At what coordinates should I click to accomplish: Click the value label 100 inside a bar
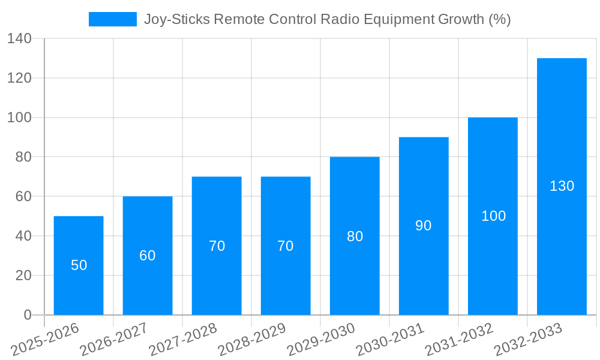[x=493, y=216]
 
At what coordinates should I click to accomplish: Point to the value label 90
[x=424, y=226]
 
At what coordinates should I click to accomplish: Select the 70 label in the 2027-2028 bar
[x=217, y=246]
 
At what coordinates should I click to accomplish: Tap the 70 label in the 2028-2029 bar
[x=286, y=246]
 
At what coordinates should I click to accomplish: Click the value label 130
[x=562, y=186]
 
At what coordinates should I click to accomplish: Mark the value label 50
[x=79, y=265]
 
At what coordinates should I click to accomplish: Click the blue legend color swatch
[x=113, y=19]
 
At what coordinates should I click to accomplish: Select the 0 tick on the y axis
[x=27, y=315]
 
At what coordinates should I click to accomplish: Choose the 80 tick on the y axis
[x=23, y=157]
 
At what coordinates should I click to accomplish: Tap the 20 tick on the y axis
[x=23, y=275]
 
